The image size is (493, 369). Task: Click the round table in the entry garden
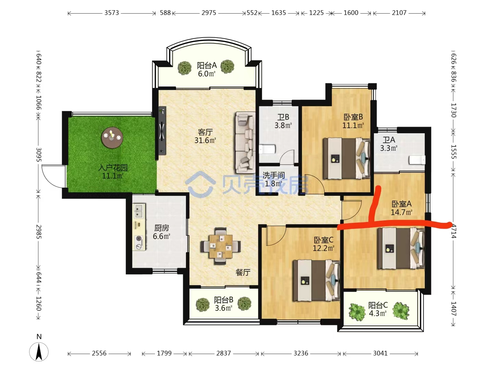coord(112,138)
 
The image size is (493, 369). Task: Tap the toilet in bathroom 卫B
coord(267,149)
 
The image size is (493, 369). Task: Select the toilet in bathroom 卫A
coord(417,160)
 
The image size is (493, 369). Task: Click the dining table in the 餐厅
coord(221,246)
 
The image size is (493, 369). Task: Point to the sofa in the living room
coord(245,142)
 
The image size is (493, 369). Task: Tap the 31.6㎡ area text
coord(205,140)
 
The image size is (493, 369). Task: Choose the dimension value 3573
coord(112,13)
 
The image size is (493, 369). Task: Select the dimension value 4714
coord(453,231)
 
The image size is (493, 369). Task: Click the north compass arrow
coord(39,352)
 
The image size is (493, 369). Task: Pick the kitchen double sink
coord(139,210)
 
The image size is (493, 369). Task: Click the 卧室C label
coord(324,240)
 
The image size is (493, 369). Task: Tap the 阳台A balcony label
coord(207,65)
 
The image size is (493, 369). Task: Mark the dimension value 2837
coord(224,353)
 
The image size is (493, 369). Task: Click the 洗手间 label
coord(274,175)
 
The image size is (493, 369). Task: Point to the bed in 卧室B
coord(346,159)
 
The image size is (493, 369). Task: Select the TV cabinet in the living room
coord(162,131)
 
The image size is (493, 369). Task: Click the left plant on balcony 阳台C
coord(357,312)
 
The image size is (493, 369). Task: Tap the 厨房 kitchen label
coord(162,228)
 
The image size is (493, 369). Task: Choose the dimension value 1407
coord(453,309)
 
